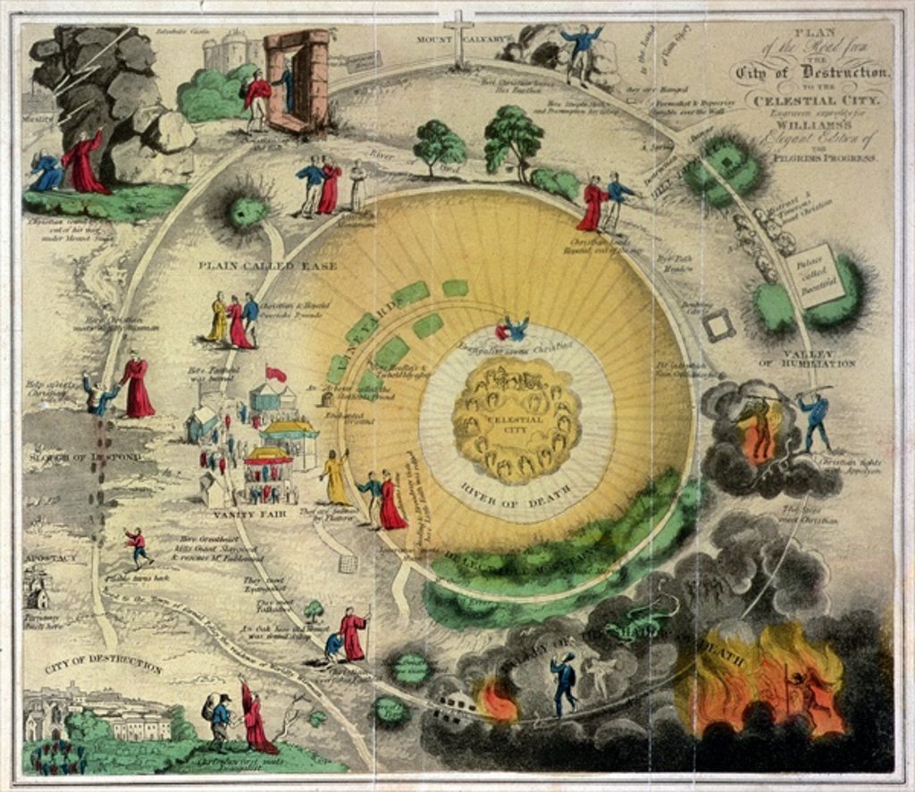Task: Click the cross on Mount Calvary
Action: coord(459,36)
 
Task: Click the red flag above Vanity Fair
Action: coord(276,374)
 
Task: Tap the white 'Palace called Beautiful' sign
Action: coord(816,276)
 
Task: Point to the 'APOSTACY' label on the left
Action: coord(49,556)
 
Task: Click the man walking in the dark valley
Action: coord(564,685)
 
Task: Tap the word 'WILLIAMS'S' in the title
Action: coord(812,123)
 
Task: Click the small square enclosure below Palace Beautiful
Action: coord(718,325)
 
